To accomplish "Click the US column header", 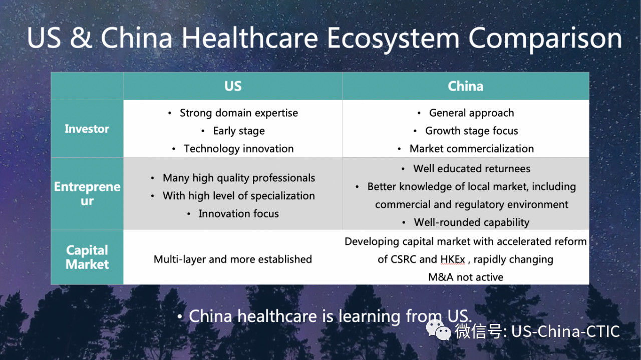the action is (233, 86).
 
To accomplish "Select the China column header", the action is (466, 86).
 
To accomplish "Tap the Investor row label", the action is (87, 129).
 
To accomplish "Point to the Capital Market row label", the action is (87, 257).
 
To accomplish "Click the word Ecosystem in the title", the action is (393, 39).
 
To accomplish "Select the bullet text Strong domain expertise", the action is (239, 113).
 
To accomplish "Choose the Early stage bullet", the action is (239, 131).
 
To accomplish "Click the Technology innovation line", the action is (239, 149).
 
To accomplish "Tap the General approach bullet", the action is (471, 113).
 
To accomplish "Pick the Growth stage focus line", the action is (471, 131).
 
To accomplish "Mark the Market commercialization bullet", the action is (472, 149).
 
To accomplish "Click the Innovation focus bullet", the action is (239, 213).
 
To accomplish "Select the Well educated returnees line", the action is (472, 169).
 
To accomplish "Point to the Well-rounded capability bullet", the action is (472, 222).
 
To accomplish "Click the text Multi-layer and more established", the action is (233, 259).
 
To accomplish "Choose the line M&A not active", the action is (466, 277).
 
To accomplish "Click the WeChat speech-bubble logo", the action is (438, 330).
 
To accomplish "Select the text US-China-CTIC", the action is (565, 331).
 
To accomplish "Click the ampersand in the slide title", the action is (81, 38).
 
